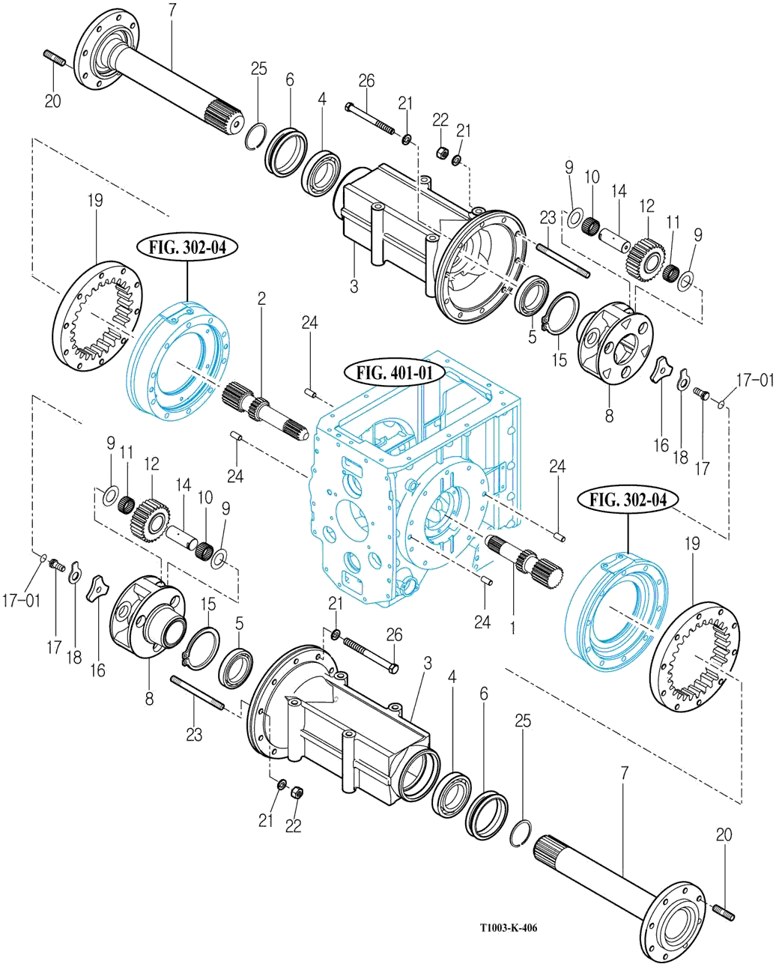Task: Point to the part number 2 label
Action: coord(261,299)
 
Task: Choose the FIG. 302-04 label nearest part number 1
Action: coord(627,499)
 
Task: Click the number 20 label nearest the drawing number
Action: coord(724,834)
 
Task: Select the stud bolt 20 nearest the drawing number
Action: coord(724,910)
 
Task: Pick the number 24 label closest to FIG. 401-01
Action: coord(309,323)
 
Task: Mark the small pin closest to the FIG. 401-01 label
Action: coord(311,390)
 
